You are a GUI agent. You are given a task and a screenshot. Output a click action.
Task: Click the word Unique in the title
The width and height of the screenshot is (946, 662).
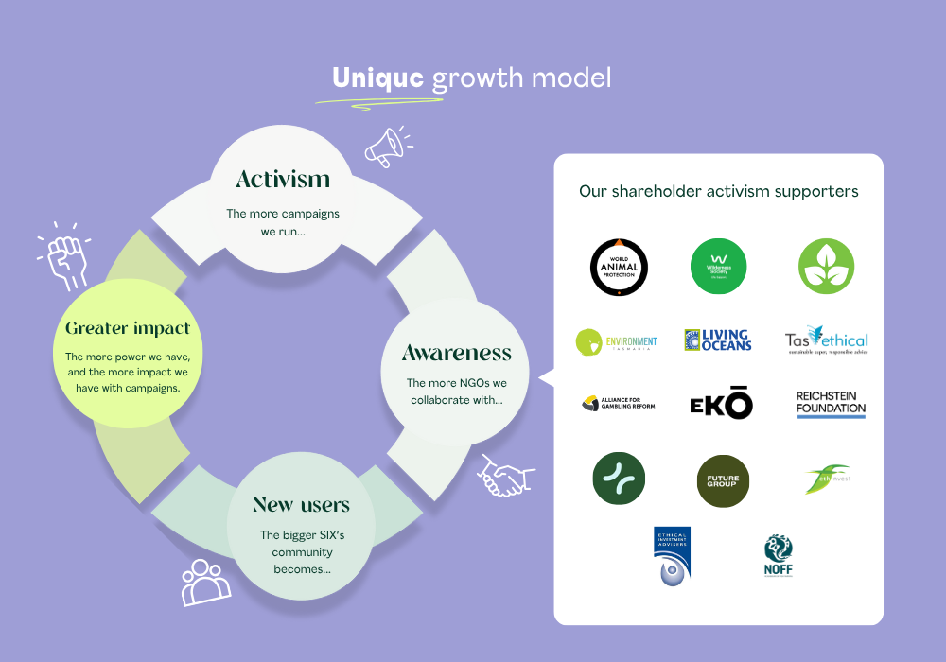pyautogui.click(x=377, y=78)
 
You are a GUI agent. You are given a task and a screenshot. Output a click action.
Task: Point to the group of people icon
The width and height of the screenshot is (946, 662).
pyautogui.click(x=205, y=582)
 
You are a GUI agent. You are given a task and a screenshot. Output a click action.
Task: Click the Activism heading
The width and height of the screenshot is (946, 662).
pyautogui.click(x=283, y=179)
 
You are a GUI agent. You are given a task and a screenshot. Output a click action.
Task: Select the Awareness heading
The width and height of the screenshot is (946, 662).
pyautogui.click(x=456, y=354)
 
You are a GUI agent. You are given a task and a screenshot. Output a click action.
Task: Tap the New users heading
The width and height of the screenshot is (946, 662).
pyautogui.click(x=301, y=504)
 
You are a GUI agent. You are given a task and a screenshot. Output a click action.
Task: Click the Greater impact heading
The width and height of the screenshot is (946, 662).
pyautogui.click(x=128, y=329)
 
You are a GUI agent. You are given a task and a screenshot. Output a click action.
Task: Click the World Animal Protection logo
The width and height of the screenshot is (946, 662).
pyautogui.click(x=619, y=267)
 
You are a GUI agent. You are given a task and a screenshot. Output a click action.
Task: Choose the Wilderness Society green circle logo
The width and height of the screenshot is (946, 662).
pyautogui.click(x=719, y=266)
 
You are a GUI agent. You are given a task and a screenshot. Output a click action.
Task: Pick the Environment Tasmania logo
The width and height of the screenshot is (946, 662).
pyautogui.click(x=616, y=341)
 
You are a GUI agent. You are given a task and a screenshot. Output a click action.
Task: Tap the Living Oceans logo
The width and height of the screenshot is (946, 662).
pyautogui.click(x=718, y=340)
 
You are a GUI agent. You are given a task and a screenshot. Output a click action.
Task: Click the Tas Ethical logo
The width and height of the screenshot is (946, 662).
pyautogui.click(x=826, y=341)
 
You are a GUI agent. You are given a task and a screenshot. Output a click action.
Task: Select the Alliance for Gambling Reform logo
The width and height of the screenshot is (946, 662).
pyautogui.click(x=618, y=404)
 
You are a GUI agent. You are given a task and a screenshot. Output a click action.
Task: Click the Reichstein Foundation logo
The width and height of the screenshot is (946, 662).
pyautogui.click(x=831, y=404)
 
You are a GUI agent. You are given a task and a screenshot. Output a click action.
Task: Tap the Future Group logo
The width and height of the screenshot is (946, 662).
pyautogui.click(x=723, y=479)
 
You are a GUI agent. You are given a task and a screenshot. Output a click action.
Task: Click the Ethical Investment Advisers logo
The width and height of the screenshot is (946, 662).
pyautogui.click(x=672, y=556)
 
